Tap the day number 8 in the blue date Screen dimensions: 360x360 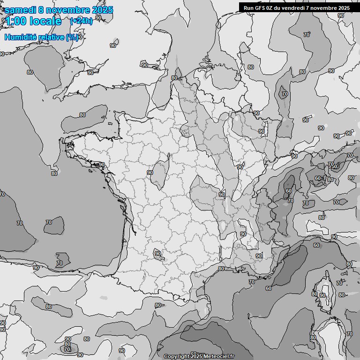(41, 10)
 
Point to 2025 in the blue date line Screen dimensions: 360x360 (102, 10)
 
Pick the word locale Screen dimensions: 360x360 (45, 21)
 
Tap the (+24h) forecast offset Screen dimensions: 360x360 (81, 21)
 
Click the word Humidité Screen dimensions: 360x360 (21, 37)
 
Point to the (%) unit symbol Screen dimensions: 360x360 (72, 37)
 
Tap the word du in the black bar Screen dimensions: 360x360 (280, 7)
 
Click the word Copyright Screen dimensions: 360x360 (176, 357)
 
